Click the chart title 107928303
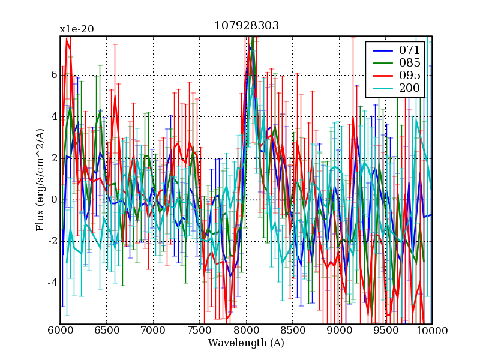246,26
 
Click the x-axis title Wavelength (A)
246,343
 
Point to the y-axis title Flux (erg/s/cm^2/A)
41,180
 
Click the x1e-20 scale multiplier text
77,29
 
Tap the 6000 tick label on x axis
60,330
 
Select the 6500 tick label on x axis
106,330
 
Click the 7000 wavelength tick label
153,330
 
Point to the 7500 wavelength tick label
199,330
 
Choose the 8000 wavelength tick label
246,330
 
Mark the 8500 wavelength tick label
292,330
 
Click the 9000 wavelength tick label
339,330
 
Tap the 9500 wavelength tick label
385,330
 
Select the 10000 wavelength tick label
432,330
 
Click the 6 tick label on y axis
53,75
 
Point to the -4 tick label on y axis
51,283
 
